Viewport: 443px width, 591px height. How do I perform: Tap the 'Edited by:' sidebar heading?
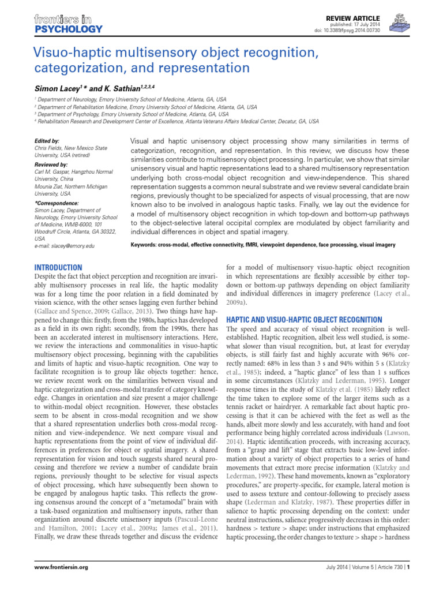coord(47,140)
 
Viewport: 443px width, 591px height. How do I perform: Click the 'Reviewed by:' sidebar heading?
coord(50,164)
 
